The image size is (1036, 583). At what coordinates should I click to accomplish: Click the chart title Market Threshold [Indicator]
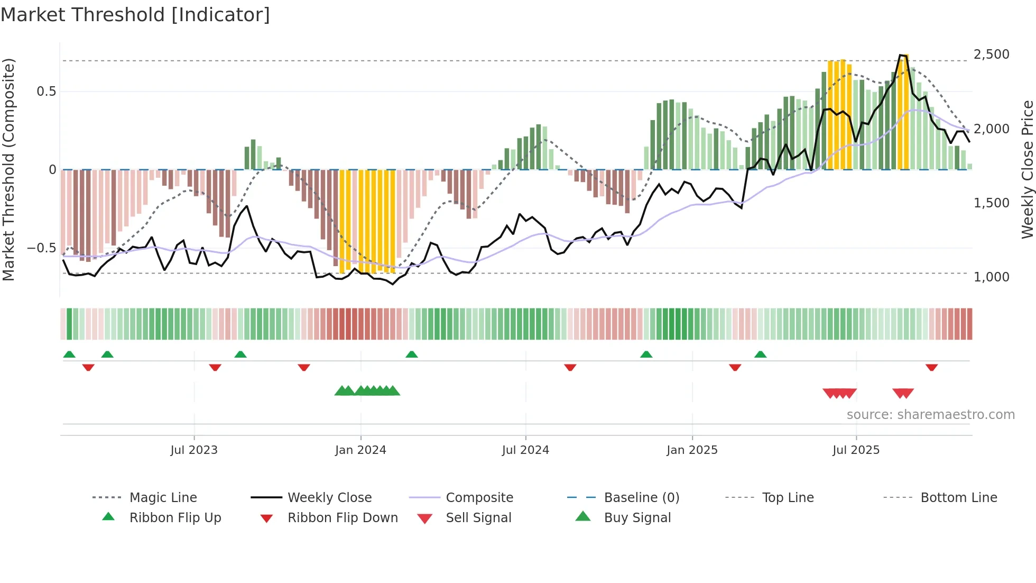pos(135,15)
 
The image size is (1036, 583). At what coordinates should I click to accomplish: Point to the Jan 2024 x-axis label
pos(360,450)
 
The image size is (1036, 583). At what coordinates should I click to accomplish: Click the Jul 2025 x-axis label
pos(856,450)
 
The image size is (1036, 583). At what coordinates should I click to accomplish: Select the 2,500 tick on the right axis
pos(991,54)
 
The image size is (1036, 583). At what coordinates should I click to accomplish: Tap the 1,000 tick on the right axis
pos(991,277)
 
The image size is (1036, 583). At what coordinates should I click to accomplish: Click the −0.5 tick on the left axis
pos(41,248)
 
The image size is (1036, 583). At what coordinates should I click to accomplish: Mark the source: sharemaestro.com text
pos(930,415)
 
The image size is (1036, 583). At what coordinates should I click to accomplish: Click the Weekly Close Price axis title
pos(1027,169)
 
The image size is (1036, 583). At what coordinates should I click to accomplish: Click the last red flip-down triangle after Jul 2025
pos(931,367)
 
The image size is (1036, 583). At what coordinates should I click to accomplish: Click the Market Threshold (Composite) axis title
pos(8,169)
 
